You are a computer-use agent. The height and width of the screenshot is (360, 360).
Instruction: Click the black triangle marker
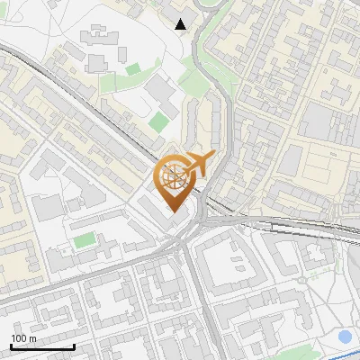182,23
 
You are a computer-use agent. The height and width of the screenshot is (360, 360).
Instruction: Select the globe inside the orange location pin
173,177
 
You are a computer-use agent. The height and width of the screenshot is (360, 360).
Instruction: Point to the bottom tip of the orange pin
174,212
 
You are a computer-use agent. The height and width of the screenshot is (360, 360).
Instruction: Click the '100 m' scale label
23,338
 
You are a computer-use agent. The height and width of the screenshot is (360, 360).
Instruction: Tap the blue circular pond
345,337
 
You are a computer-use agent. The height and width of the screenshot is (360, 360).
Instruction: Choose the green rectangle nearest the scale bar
84,240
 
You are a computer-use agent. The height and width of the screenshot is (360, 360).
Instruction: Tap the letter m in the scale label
32,338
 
